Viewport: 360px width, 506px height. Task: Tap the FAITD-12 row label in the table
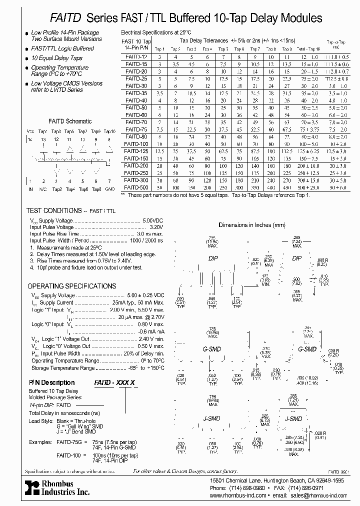click(x=136, y=57)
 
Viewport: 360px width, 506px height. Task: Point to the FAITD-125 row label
click(x=135, y=150)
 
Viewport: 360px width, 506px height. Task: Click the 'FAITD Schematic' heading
click(x=69, y=121)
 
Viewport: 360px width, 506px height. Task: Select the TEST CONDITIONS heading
click(x=53, y=211)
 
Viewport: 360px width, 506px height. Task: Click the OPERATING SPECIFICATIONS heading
click(x=71, y=286)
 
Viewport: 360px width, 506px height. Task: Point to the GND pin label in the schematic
click(x=109, y=189)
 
